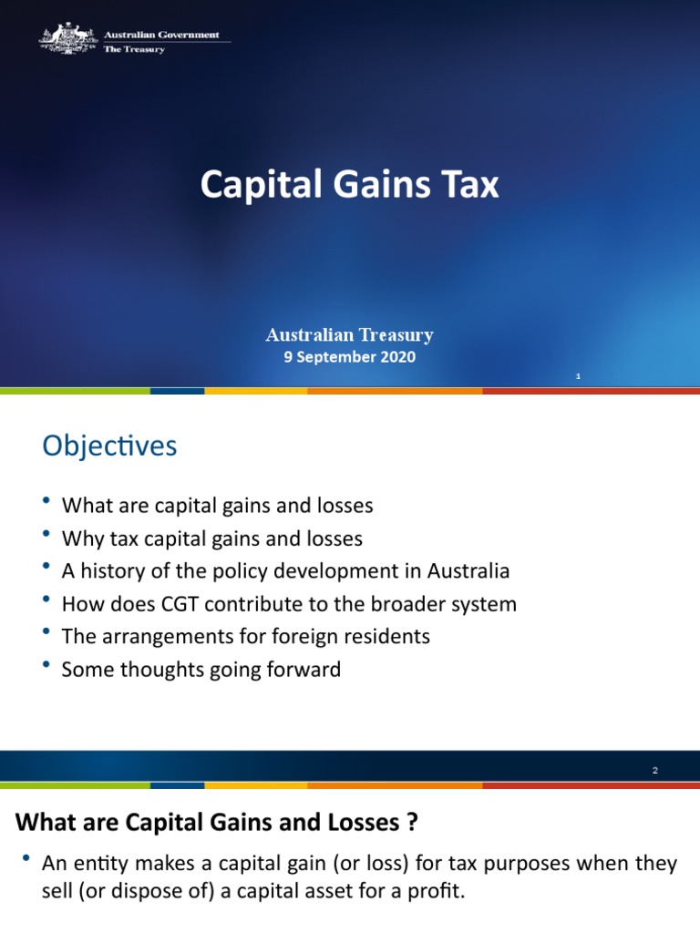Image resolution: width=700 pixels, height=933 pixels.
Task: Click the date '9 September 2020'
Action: point(350,357)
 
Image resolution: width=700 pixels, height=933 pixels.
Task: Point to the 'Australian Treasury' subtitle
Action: point(350,335)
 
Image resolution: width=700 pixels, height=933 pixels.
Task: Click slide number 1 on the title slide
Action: point(578,376)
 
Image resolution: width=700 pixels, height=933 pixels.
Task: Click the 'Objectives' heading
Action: point(109,446)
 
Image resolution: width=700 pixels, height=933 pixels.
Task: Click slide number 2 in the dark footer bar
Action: point(654,771)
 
